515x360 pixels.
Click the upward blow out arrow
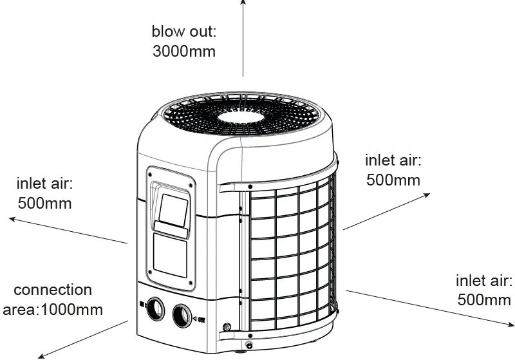[x=243, y=39]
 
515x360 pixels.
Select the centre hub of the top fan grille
[x=241, y=117]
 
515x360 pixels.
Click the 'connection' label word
[x=53, y=290]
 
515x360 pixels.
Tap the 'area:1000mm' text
[x=53, y=310]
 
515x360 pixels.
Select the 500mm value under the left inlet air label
[x=44, y=204]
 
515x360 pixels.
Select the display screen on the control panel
[x=173, y=211]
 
